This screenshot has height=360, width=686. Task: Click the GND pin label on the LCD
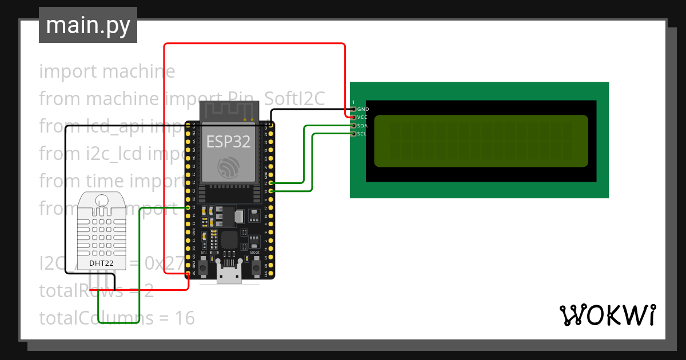(363, 109)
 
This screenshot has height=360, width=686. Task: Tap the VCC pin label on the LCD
(362, 117)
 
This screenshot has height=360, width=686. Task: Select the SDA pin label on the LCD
(362, 125)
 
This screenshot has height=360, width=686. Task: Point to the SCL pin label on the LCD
(362, 134)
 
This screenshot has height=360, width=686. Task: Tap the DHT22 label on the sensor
(101, 263)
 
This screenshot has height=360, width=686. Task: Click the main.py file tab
(88, 25)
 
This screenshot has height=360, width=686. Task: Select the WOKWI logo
(607, 315)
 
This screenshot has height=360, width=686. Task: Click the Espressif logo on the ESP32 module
(229, 167)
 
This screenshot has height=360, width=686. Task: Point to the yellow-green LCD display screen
(481, 141)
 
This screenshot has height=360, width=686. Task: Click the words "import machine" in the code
(107, 71)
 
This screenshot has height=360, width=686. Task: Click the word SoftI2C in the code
(295, 99)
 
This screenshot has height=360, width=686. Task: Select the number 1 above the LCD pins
(353, 102)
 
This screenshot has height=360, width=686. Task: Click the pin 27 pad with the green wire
(189, 207)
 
